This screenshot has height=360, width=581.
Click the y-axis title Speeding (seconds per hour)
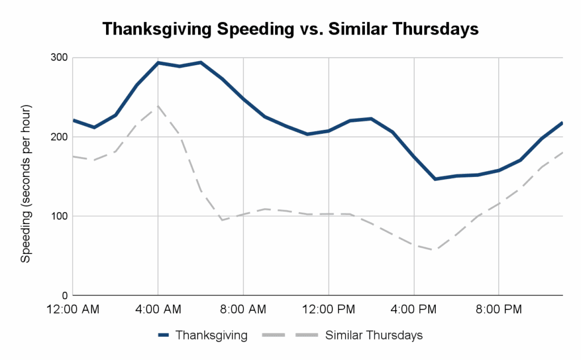point(26,184)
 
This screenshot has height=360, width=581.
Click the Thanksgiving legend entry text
point(212,335)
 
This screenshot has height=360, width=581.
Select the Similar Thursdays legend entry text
point(374,335)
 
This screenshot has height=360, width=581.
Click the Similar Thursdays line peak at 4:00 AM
point(158,105)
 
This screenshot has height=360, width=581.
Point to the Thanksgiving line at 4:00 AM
point(158,63)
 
